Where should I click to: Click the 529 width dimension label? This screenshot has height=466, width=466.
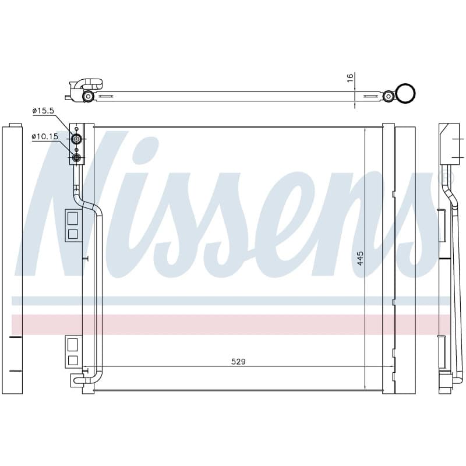click(x=238, y=361)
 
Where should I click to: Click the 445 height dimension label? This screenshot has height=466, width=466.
click(x=360, y=259)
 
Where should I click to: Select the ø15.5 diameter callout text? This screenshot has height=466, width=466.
click(x=43, y=111)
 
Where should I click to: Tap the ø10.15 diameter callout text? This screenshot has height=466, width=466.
click(x=45, y=136)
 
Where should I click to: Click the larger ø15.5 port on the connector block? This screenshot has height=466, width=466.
click(x=77, y=139)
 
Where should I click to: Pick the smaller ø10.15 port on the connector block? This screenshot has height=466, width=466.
click(x=77, y=157)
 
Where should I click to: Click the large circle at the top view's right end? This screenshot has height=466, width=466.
click(x=406, y=94)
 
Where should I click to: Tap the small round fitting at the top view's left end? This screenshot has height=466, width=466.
click(x=88, y=96)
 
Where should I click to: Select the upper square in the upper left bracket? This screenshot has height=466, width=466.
click(x=72, y=218)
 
